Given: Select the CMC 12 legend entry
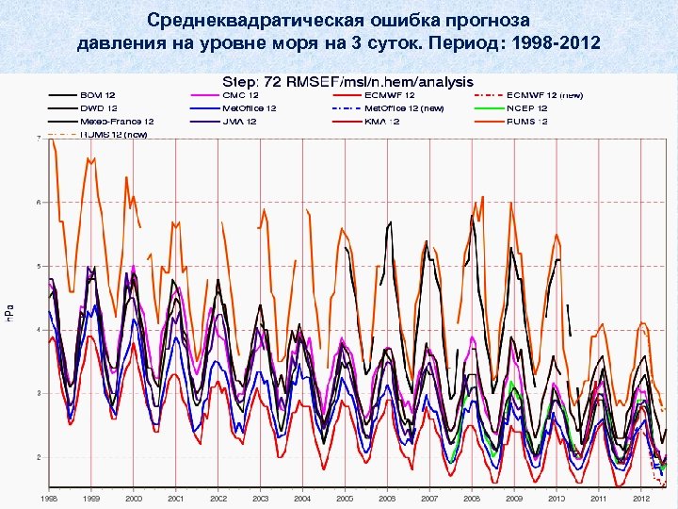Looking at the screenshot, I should point(239,95).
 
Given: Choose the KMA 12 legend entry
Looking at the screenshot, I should point(382,122).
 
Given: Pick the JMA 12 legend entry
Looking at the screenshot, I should point(239,122).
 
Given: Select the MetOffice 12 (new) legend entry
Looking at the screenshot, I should point(404,108).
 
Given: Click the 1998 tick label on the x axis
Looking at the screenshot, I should point(49,497).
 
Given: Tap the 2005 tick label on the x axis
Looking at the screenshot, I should point(345,497).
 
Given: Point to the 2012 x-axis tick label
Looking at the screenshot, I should point(640,497).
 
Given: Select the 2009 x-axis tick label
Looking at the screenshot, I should point(514,497).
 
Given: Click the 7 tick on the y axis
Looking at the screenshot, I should point(38,139).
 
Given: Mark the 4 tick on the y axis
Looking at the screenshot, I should point(38,330).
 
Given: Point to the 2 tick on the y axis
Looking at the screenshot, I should point(38,457).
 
